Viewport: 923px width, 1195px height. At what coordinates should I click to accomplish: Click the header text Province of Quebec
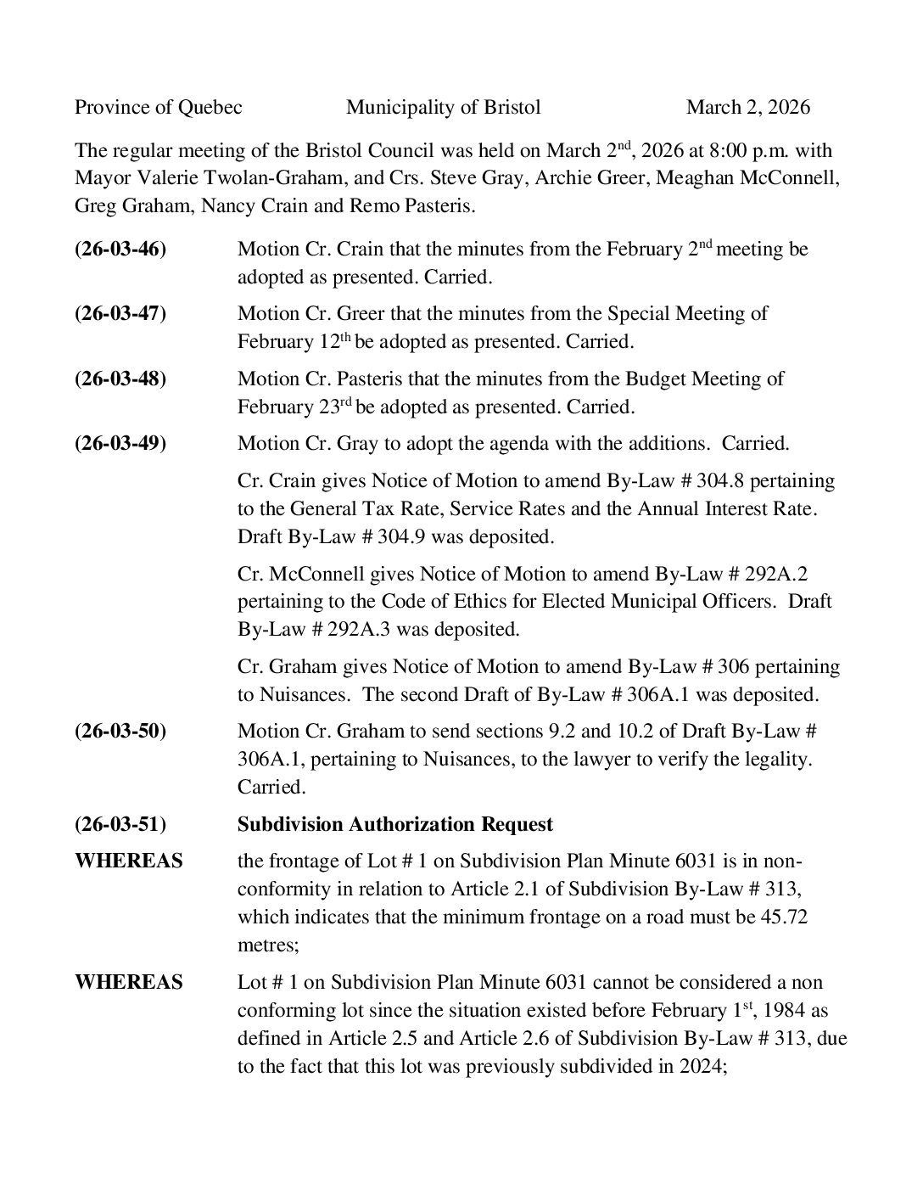159,107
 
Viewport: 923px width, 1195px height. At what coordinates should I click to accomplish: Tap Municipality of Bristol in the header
443,107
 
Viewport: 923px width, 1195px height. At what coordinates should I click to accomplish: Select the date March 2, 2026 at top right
747,107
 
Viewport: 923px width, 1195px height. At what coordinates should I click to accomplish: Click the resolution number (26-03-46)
120,249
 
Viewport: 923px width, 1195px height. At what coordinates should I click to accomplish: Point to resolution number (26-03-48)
120,379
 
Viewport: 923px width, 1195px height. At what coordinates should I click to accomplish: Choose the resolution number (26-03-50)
120,731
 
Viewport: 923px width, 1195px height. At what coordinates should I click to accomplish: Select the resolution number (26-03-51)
120,824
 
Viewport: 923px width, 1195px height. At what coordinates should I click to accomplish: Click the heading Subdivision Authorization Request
394,824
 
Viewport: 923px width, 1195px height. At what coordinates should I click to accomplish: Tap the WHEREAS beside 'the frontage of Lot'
129,861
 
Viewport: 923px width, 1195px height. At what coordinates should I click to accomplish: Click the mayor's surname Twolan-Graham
282,178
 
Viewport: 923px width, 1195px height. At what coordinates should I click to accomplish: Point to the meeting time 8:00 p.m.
744,151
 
